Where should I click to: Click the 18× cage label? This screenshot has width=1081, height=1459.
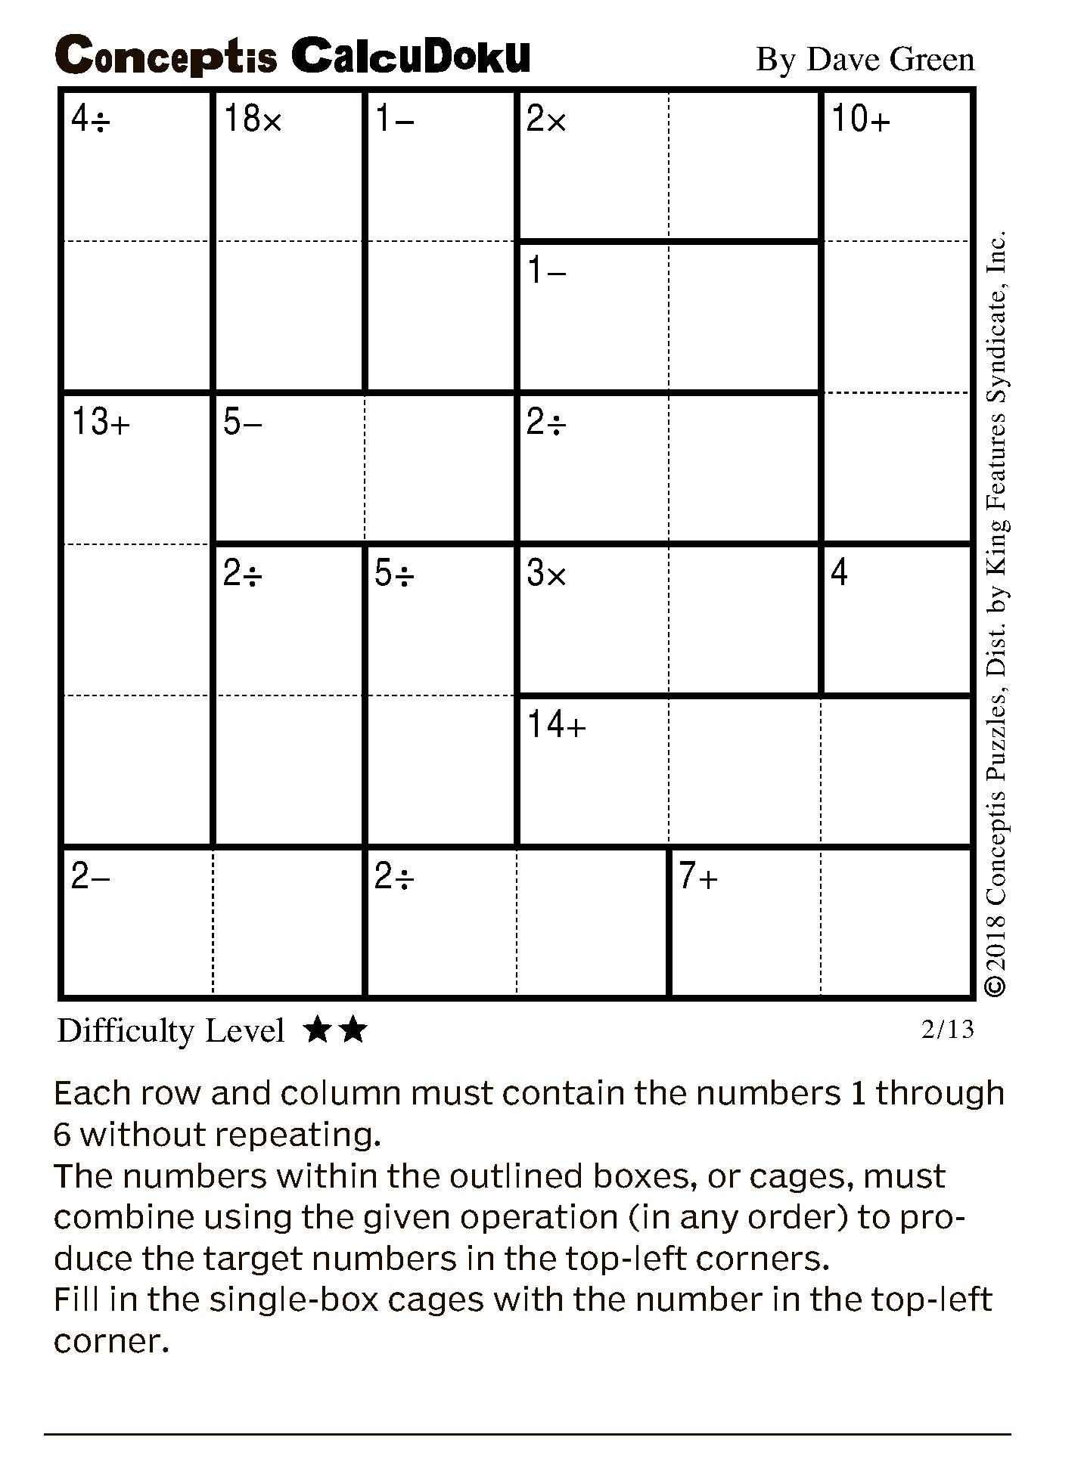[x=253, y=119]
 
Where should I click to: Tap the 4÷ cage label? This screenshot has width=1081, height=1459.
[x=91, y=119]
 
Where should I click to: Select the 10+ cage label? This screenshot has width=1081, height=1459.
[x=861, y=119]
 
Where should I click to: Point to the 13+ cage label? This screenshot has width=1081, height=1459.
[x=101, y=422]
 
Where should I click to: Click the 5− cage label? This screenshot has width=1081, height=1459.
[x=242, y=422]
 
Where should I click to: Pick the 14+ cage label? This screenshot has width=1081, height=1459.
[x=557, y=725]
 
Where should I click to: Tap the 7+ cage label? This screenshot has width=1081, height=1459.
[x=698, y=876]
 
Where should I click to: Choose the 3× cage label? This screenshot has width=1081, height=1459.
[x=546, y=574]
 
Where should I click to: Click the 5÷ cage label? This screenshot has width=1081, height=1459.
[x=394, y=574]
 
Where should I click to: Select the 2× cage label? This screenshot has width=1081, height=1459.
[x=546, y=119]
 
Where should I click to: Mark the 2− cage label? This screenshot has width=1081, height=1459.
[x=91, y=876]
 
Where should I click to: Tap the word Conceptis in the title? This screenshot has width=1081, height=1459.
[x=166, y=57]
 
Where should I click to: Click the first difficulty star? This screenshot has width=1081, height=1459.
[x=317, y=1030]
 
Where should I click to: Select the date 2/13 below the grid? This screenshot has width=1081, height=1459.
[x=947, y=1029]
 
